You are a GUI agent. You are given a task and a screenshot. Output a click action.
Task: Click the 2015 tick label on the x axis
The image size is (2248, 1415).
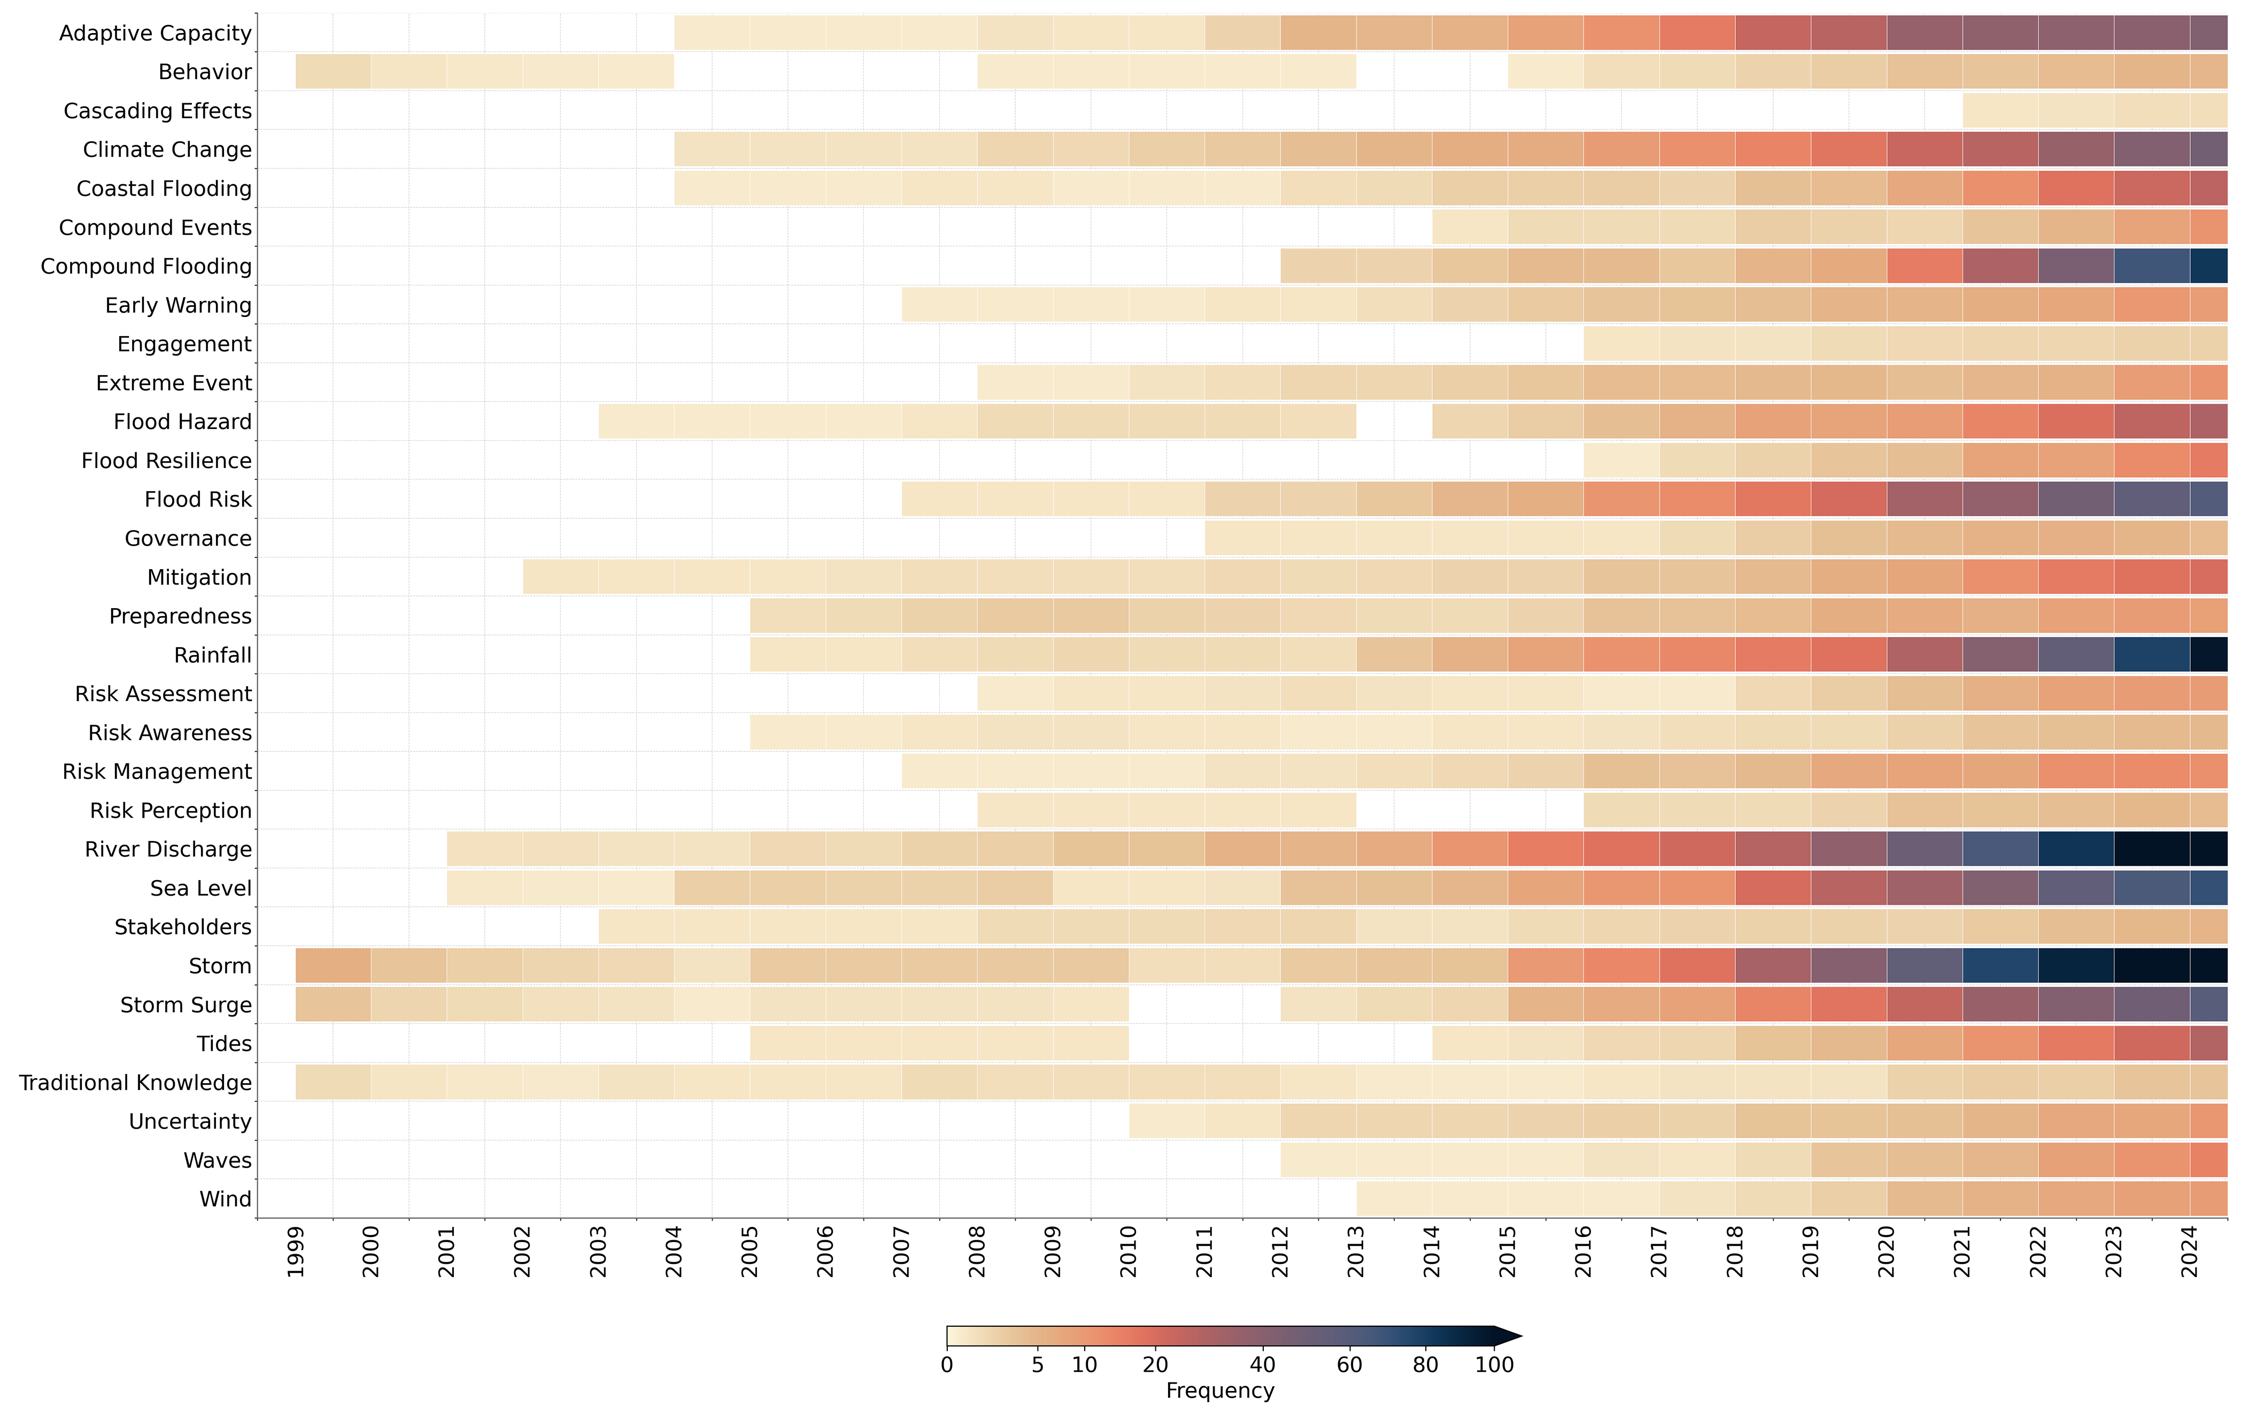tap(1508, 1251)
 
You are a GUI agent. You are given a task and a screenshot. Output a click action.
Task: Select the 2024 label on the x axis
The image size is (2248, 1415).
tap(2189, 1251)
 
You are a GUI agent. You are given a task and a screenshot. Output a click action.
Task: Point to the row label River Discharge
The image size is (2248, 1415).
tap(168, 849)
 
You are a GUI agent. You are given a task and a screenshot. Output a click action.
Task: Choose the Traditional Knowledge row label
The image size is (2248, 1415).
tap(135, 1083)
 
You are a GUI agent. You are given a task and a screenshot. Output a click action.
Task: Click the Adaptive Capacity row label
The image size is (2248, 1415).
tap(155, 34)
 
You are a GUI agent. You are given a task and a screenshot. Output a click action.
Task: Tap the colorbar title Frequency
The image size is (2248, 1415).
tap(1219, 1391)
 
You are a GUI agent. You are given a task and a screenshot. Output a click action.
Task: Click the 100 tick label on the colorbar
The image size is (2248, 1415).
tap(1494, 1365)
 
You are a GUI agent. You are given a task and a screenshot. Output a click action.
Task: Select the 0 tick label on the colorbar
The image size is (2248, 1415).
tap(947, 1365)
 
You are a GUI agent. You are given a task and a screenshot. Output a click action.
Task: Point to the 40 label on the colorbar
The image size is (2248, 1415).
tap(1262, 1365)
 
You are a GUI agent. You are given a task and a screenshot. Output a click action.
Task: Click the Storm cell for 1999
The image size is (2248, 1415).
tap(333, 966)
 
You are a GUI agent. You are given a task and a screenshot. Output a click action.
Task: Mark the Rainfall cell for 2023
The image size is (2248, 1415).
tap(2152, 655)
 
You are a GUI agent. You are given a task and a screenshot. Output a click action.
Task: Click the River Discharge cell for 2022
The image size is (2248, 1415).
tap(2075, 849)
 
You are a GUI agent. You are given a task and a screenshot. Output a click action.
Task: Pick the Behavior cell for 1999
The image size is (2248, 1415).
tap(333, 72)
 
